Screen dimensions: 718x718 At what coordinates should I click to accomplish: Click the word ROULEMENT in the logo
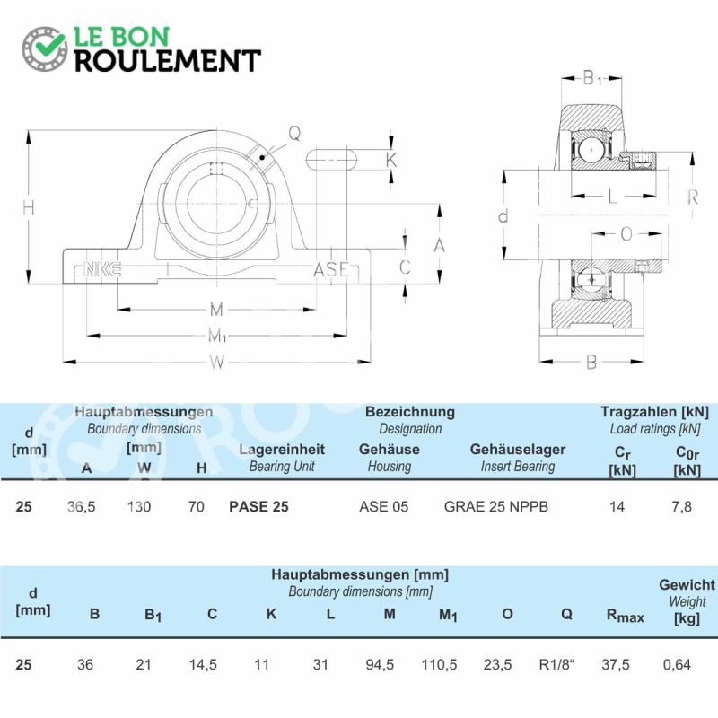tap(168, 61)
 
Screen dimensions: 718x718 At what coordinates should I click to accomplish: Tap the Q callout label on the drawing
tap(294, 133)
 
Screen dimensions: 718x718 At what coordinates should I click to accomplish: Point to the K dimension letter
tap(391, 160)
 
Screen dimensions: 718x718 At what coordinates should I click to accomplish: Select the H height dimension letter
tap(29, 208)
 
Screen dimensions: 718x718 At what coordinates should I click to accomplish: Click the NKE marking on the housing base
tap(102, 269)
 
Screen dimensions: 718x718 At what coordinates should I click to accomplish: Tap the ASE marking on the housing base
tap(331, 269)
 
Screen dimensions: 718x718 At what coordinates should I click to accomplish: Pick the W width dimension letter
tap(217, 363)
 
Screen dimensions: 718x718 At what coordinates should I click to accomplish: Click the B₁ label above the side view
tap(592, 79)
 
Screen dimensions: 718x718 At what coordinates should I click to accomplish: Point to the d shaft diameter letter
tap(503, 215)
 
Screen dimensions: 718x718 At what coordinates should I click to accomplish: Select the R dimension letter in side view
tap(693, 197)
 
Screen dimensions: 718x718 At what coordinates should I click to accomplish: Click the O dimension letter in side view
tap(626, 234)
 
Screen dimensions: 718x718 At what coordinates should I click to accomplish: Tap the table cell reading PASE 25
tap(258, 506)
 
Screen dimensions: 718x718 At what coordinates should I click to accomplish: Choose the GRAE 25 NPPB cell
tap(496, 506)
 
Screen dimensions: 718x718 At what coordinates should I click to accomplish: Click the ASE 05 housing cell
tap(384, 506)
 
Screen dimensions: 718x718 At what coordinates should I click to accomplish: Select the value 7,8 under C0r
tap(682, 506)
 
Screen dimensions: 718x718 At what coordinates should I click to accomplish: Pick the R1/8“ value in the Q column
tap(556, 664)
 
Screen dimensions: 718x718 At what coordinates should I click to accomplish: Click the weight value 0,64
tap(677, 664)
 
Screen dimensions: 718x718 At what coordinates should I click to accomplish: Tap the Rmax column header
tap(625, 616)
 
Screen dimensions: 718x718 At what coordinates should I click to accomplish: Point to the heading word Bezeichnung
tap(410, 412)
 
